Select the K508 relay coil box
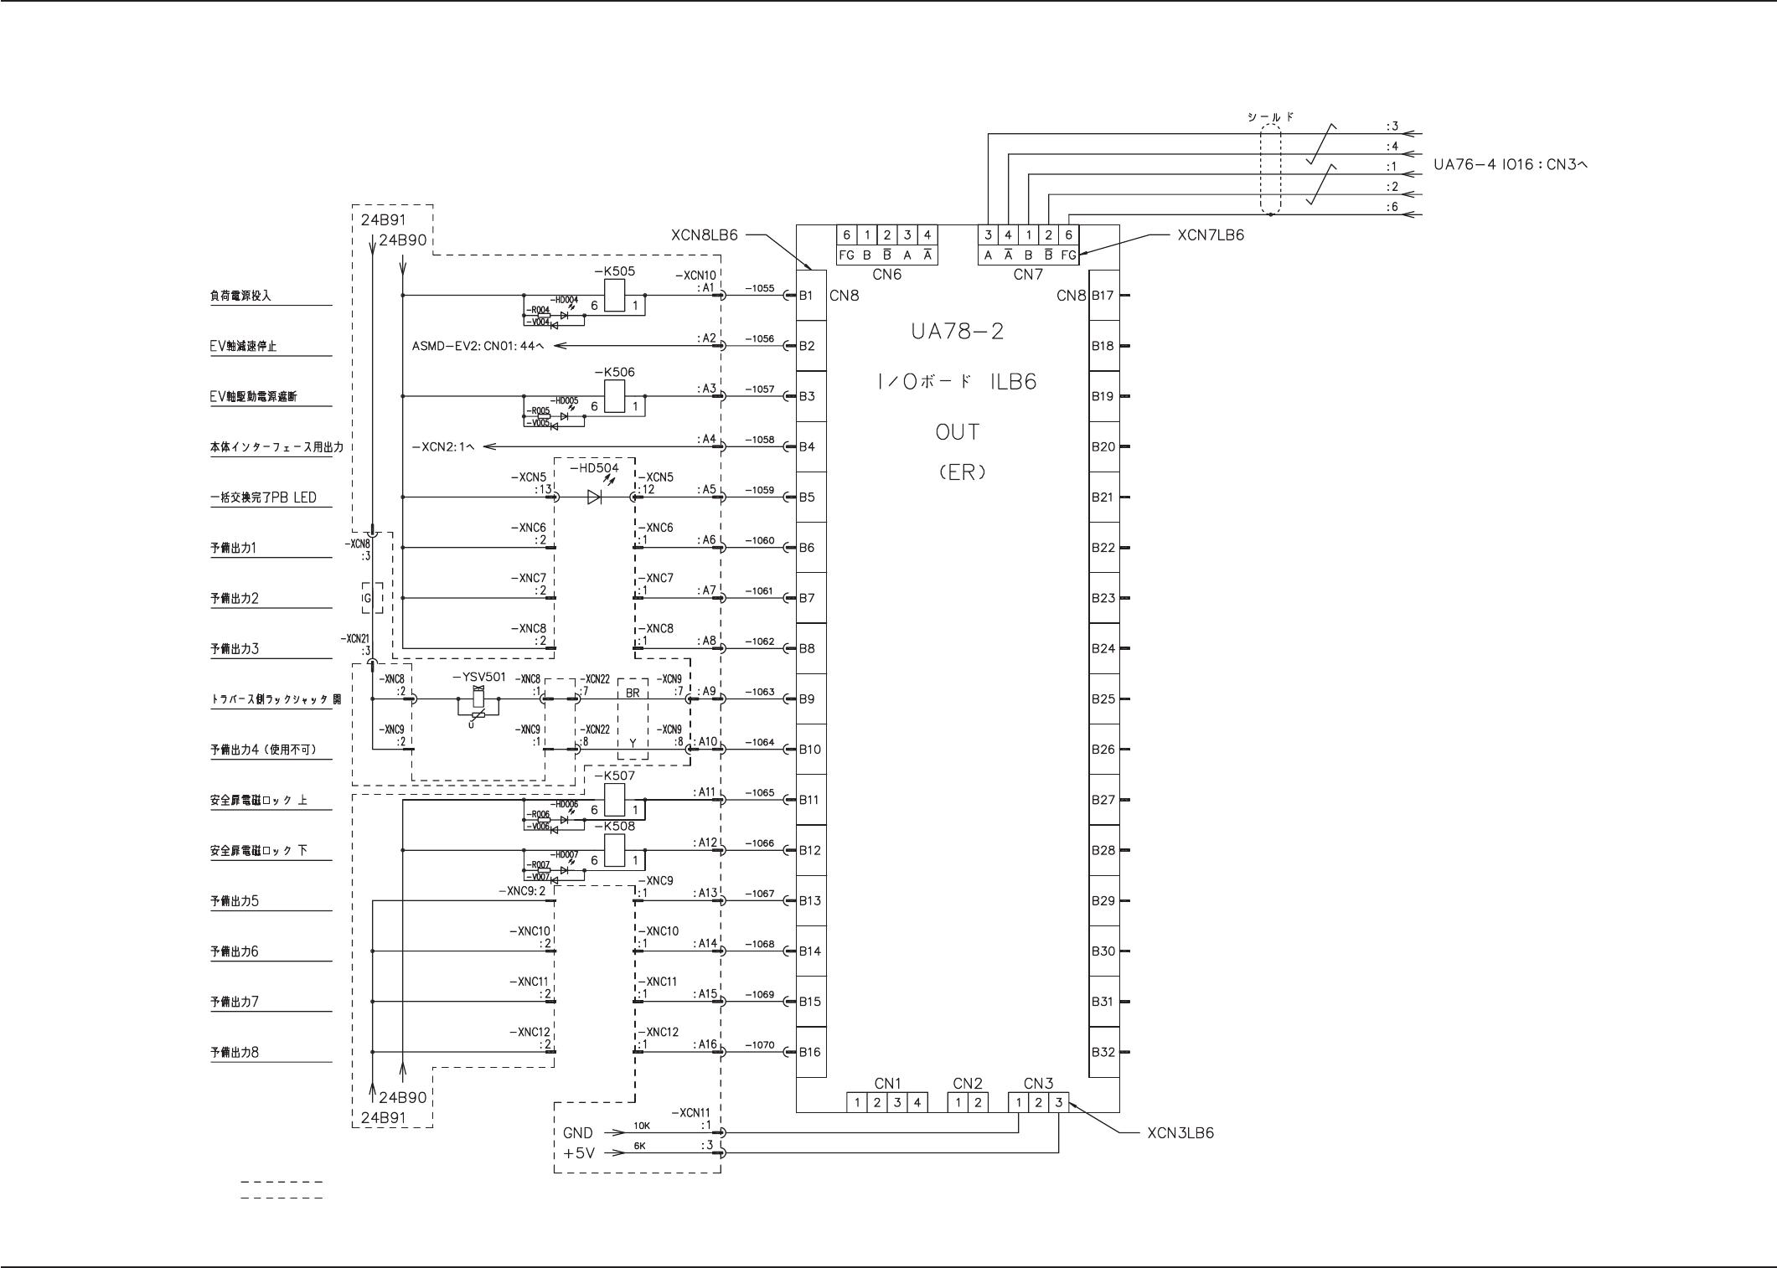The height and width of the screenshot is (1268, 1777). coord(614,853)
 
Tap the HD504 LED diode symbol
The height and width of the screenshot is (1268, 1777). coord(595,497)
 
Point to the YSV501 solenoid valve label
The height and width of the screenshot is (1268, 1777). coord(478,677)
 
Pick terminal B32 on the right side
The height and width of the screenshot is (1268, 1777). coord(1103,1052)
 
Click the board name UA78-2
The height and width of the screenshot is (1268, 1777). coord(957,332)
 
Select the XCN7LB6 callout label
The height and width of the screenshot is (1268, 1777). coord(1211,235)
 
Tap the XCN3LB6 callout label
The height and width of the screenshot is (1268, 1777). coord(1180,1133)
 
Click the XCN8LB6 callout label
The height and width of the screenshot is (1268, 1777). coord(705,235)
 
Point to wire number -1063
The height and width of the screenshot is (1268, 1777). coord(760,692)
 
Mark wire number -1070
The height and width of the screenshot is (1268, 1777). coord(760,1045)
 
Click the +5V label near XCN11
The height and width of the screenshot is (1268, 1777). coord(579,1153)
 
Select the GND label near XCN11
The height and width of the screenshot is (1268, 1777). coord(578,1133)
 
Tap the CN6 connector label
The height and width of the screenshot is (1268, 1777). coord(886,274)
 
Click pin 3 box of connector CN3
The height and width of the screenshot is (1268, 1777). coord(1058,1102)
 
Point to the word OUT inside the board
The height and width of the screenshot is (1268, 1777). coord(957,432)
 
